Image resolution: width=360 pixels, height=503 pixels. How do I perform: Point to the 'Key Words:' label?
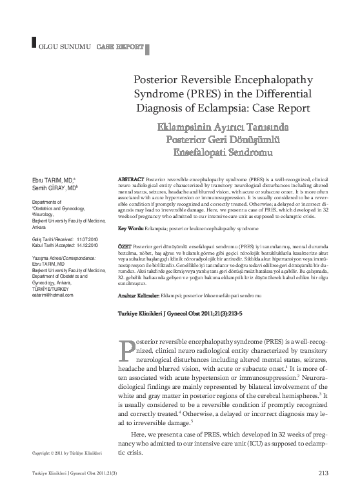click(x=132, y=229)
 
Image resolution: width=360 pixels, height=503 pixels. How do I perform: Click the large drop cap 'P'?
click(x=128, y=351)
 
